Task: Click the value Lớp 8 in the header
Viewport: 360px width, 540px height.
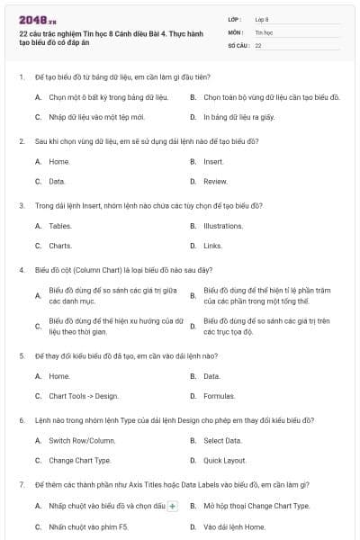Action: coord(262,18)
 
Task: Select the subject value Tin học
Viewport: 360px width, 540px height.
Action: coord(264,31)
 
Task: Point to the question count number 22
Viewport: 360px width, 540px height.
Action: coord(258,44)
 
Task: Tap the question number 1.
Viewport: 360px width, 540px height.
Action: coord(21,77)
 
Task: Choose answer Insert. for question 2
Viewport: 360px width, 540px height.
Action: coord(213,162)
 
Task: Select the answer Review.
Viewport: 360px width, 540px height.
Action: coord(215,181)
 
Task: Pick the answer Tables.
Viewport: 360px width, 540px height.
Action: coord(60,226)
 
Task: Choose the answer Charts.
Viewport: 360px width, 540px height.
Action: coord(60,245)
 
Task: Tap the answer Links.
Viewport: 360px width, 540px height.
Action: coord(212,245)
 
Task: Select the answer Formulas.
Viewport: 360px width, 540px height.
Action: coord(219,395)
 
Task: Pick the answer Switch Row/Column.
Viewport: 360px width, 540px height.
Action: coord(82,440)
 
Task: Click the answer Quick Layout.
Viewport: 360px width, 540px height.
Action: coord(225,460)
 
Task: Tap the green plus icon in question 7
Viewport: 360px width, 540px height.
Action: coord(173,506)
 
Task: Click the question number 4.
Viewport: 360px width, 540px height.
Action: coord(21,269)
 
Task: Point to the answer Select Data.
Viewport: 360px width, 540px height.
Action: coord(222,440)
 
